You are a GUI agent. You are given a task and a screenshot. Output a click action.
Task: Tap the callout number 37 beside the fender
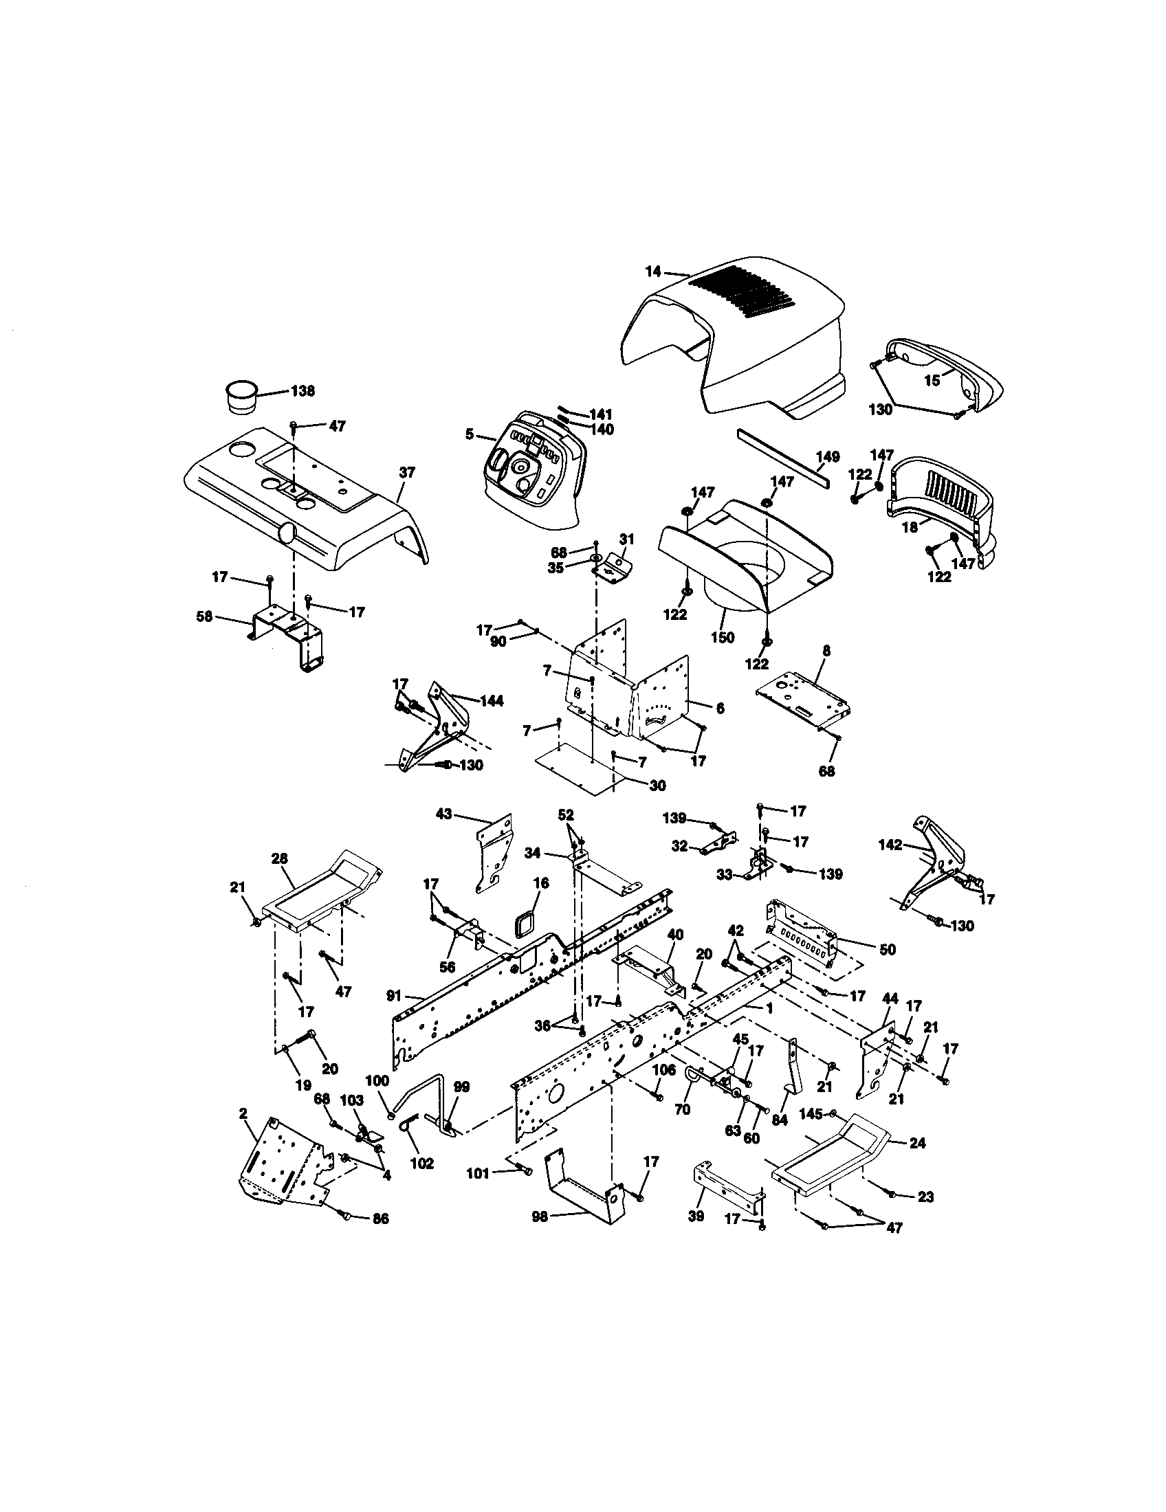[407, 472]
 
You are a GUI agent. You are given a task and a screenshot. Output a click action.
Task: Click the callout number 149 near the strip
[828, 456]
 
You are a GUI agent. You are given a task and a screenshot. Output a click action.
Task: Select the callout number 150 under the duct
[722, 638]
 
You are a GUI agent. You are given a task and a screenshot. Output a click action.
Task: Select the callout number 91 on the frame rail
[394, 997]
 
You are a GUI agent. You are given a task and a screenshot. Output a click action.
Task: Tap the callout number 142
[890, 845]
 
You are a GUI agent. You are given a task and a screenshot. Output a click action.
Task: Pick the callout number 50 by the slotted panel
[888, 950]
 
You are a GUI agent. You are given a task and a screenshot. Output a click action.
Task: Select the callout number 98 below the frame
[540, 1216]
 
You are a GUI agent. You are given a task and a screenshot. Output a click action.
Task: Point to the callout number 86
[380, 1219]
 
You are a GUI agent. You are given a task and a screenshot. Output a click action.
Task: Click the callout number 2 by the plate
[243, 1113]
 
